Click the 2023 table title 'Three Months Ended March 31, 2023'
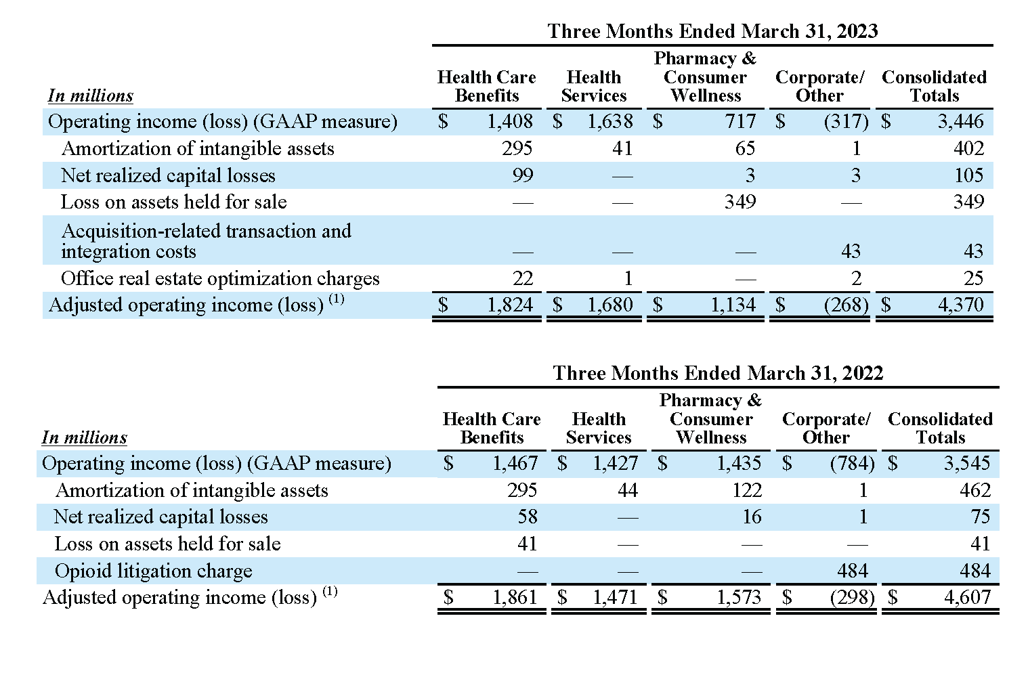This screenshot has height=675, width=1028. coord(712,31)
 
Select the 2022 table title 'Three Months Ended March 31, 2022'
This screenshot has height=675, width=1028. coord(719,373)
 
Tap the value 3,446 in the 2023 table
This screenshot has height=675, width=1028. coord(960,122)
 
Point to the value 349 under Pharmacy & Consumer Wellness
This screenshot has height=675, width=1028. coord(740,202)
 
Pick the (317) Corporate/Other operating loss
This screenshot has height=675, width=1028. coord(847,122)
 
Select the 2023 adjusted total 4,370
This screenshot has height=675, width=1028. coord(960,305)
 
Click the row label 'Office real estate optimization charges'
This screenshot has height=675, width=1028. coord(220,278)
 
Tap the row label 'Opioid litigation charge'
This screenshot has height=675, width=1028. coord(153,571)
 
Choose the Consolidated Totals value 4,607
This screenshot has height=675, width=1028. coord(968,597)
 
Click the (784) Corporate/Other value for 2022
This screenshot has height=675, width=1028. coord(852,464)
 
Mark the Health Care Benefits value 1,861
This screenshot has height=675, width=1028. coord(515,597)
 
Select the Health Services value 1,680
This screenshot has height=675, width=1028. coord(610,305)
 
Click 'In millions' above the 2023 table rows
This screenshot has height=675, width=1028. coord(91,96)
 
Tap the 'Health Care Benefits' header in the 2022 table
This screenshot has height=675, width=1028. coord(492,428)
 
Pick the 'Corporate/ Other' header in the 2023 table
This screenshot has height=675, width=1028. coord(819,86)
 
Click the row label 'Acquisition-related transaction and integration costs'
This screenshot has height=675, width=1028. coord(207,241)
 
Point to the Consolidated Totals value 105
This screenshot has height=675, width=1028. coord(969,175)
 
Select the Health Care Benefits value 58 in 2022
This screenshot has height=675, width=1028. coord(528,517)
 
